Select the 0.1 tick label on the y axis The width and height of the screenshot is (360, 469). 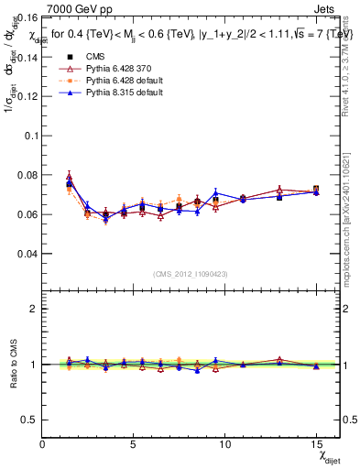[29, 136]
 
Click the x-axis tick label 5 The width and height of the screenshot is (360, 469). [134, 444]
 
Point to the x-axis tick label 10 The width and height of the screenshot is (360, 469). [224, 444]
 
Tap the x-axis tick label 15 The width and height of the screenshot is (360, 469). [315, 444]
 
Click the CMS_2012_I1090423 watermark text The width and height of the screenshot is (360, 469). [191, 274]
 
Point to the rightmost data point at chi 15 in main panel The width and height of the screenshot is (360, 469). [316, 191]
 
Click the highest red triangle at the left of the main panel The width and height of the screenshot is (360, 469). [70, 177]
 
